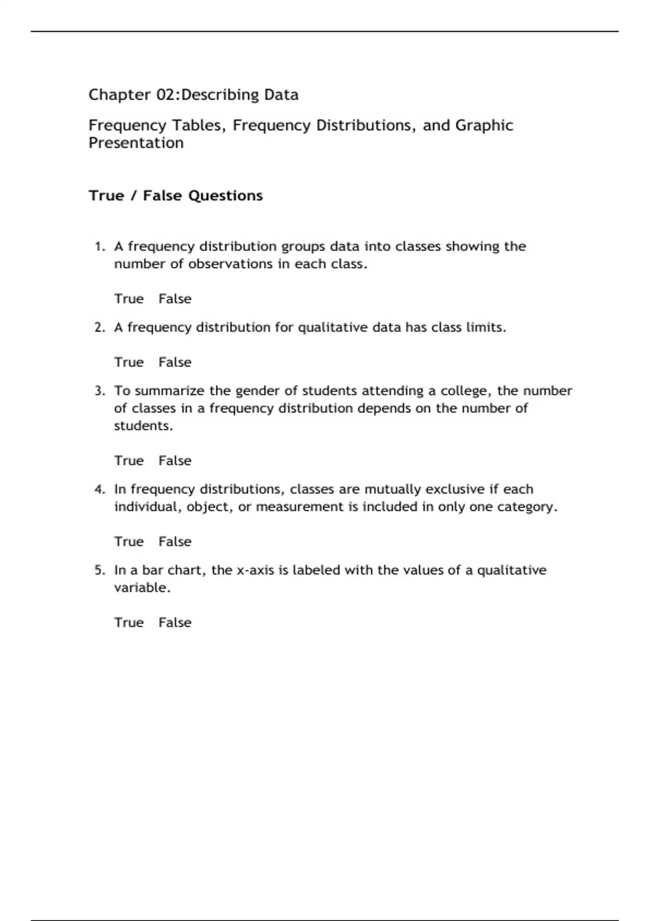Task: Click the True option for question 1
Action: tap(129, 299)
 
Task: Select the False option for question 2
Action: tap(174, 362)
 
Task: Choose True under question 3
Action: tap(129, 460)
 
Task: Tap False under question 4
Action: tap(174, 541)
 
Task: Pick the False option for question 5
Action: tap(174, 622)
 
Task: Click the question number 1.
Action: tap(99, 247)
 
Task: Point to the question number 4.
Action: tap(99, 489)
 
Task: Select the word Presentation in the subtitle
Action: tap(136, 143)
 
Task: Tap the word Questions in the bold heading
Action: tap(225, 196)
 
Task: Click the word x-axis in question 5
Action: tap(255, 570)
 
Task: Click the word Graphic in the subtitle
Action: tap(484, 125)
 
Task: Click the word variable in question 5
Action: tap(141, 587)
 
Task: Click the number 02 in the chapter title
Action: tap(165, 95)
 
